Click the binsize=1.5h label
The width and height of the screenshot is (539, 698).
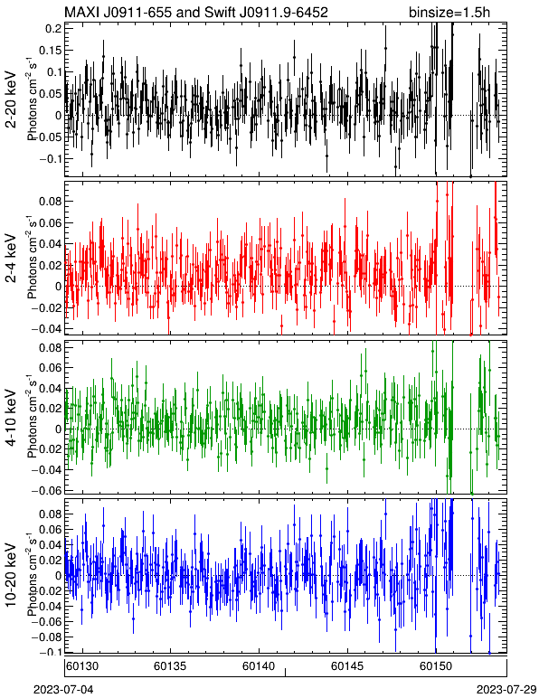point(449,12)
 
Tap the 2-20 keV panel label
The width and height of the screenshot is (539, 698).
point(11,99)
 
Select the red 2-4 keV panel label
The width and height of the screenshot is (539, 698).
point(11,259)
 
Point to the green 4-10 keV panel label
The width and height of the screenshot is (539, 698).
point(11,418)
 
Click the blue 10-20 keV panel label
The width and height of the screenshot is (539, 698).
point(11,575)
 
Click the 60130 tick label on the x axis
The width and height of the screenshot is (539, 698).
point(81,666)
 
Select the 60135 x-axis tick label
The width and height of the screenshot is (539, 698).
point(170,666)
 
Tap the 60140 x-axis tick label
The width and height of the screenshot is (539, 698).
point(259,666)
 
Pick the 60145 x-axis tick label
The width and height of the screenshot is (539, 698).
point(347,666)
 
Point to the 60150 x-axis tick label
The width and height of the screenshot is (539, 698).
point(436,666)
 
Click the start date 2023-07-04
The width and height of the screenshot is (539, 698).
point(63,690)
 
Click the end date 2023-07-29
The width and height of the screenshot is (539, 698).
point(507,690)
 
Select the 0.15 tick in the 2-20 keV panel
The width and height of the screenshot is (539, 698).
point(51,51)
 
